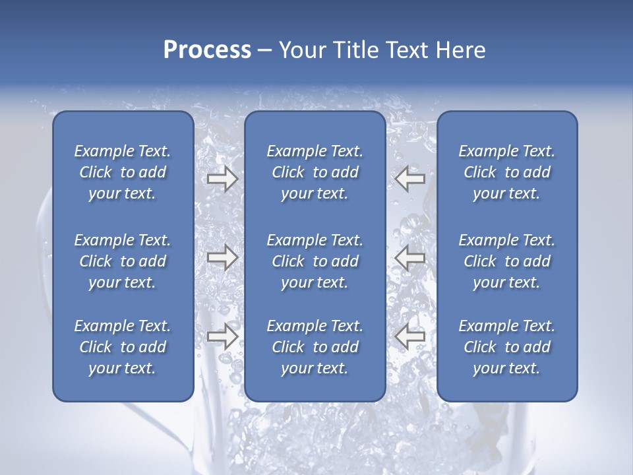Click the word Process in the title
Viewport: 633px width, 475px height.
tap(207, 50)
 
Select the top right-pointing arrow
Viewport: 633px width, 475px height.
tap(222, 179)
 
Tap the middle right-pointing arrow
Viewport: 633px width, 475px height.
tap(222, 257)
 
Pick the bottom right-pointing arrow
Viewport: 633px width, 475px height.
tap(222, 336)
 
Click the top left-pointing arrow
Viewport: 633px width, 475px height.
tap(409, 179)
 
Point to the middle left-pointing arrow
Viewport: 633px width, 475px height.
tap(409, 257)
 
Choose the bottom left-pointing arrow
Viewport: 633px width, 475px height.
tap(409, 336)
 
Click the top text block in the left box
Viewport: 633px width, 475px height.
tap(123, 172)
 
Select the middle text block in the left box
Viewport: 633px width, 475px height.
tap(123, 261)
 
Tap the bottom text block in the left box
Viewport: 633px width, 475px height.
tap(123, 347)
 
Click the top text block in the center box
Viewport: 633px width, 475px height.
tap(315, 172)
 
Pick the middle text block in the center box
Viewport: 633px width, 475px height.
tap(315, 261)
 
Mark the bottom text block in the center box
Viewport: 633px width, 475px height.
tap(315, 347)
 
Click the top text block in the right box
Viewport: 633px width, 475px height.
tap(507, 172)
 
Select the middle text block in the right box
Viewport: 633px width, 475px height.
tap(507, 261)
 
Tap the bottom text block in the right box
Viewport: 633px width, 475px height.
tap(507, 347)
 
